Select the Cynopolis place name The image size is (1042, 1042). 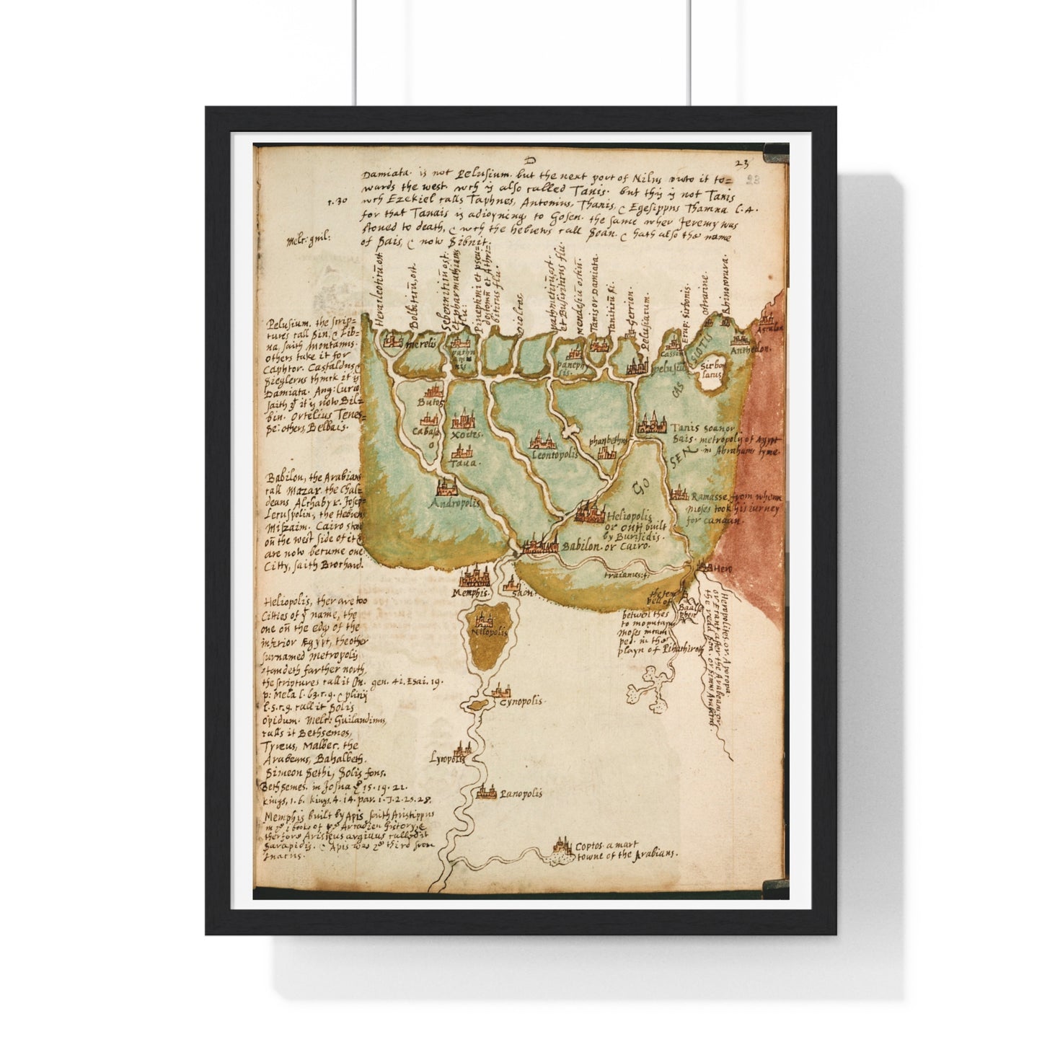pos(524,701)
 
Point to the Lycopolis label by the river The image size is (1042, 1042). pos(447,759)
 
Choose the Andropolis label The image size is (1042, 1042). pos(455,504)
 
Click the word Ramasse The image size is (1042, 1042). pos(710,497)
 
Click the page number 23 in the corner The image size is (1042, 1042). pos(743,164)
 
